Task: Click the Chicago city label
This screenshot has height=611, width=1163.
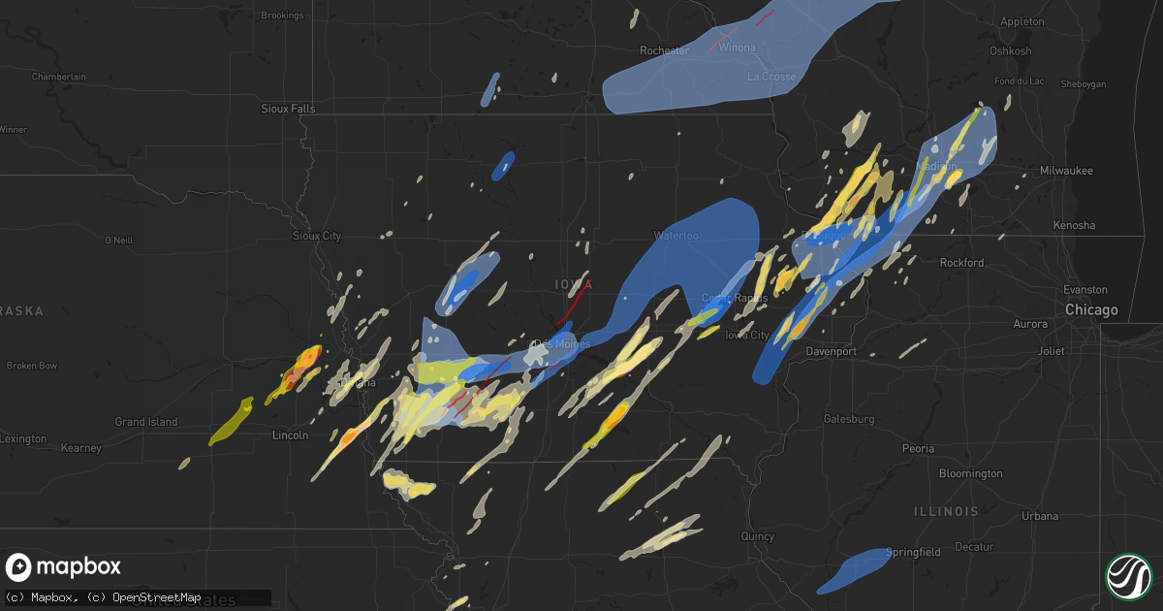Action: click(x=1091, y=310)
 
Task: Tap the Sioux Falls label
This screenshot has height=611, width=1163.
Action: click(x=288, y=109)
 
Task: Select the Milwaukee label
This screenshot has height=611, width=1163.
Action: click(x=1065, y=171)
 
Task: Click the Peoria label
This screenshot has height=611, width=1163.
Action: click(x=918, y=449)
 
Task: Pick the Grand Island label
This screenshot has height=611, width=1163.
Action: click(x=145, y=422)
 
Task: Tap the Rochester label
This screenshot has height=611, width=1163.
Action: click(x=664, y=50)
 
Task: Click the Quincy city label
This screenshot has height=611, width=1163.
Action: click(x=757, y=536)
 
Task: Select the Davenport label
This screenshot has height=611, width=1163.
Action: click(x=831, y=351)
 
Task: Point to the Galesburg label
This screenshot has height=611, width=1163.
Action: click(x=849, y=419)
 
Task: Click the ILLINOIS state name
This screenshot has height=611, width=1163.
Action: click(x=945, y=510)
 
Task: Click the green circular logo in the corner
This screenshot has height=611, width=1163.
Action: click(x=1128, y=575)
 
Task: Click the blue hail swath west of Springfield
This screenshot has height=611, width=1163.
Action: click(x=853, y=572)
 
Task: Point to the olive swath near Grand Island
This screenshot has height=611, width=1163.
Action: click(x=231, y=423)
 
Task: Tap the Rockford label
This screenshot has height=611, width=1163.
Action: click(x=960, y=263)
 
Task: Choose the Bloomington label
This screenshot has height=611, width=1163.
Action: click(x=970, y=473)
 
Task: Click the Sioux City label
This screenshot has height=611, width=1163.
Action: click(x=317, y=236)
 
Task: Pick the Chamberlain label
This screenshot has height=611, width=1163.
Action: click(x=59, y=77)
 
